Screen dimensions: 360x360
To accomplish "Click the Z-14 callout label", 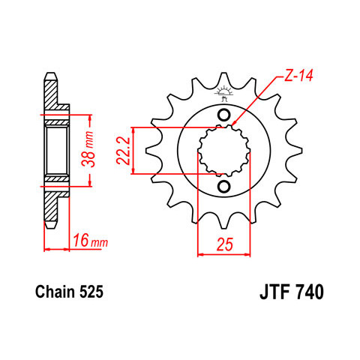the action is coord(298,76).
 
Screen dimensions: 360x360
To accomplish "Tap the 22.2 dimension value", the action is coord(123,151).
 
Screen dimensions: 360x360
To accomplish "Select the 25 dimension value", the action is coord(225,244).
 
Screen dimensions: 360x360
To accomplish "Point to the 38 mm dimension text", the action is coord(88,149).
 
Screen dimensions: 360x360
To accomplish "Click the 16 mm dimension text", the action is coord(90,241).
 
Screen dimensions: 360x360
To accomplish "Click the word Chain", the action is coord(55,292).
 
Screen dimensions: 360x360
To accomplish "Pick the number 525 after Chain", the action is coord(91,292).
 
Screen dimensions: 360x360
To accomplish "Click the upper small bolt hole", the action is coord(223,115).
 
